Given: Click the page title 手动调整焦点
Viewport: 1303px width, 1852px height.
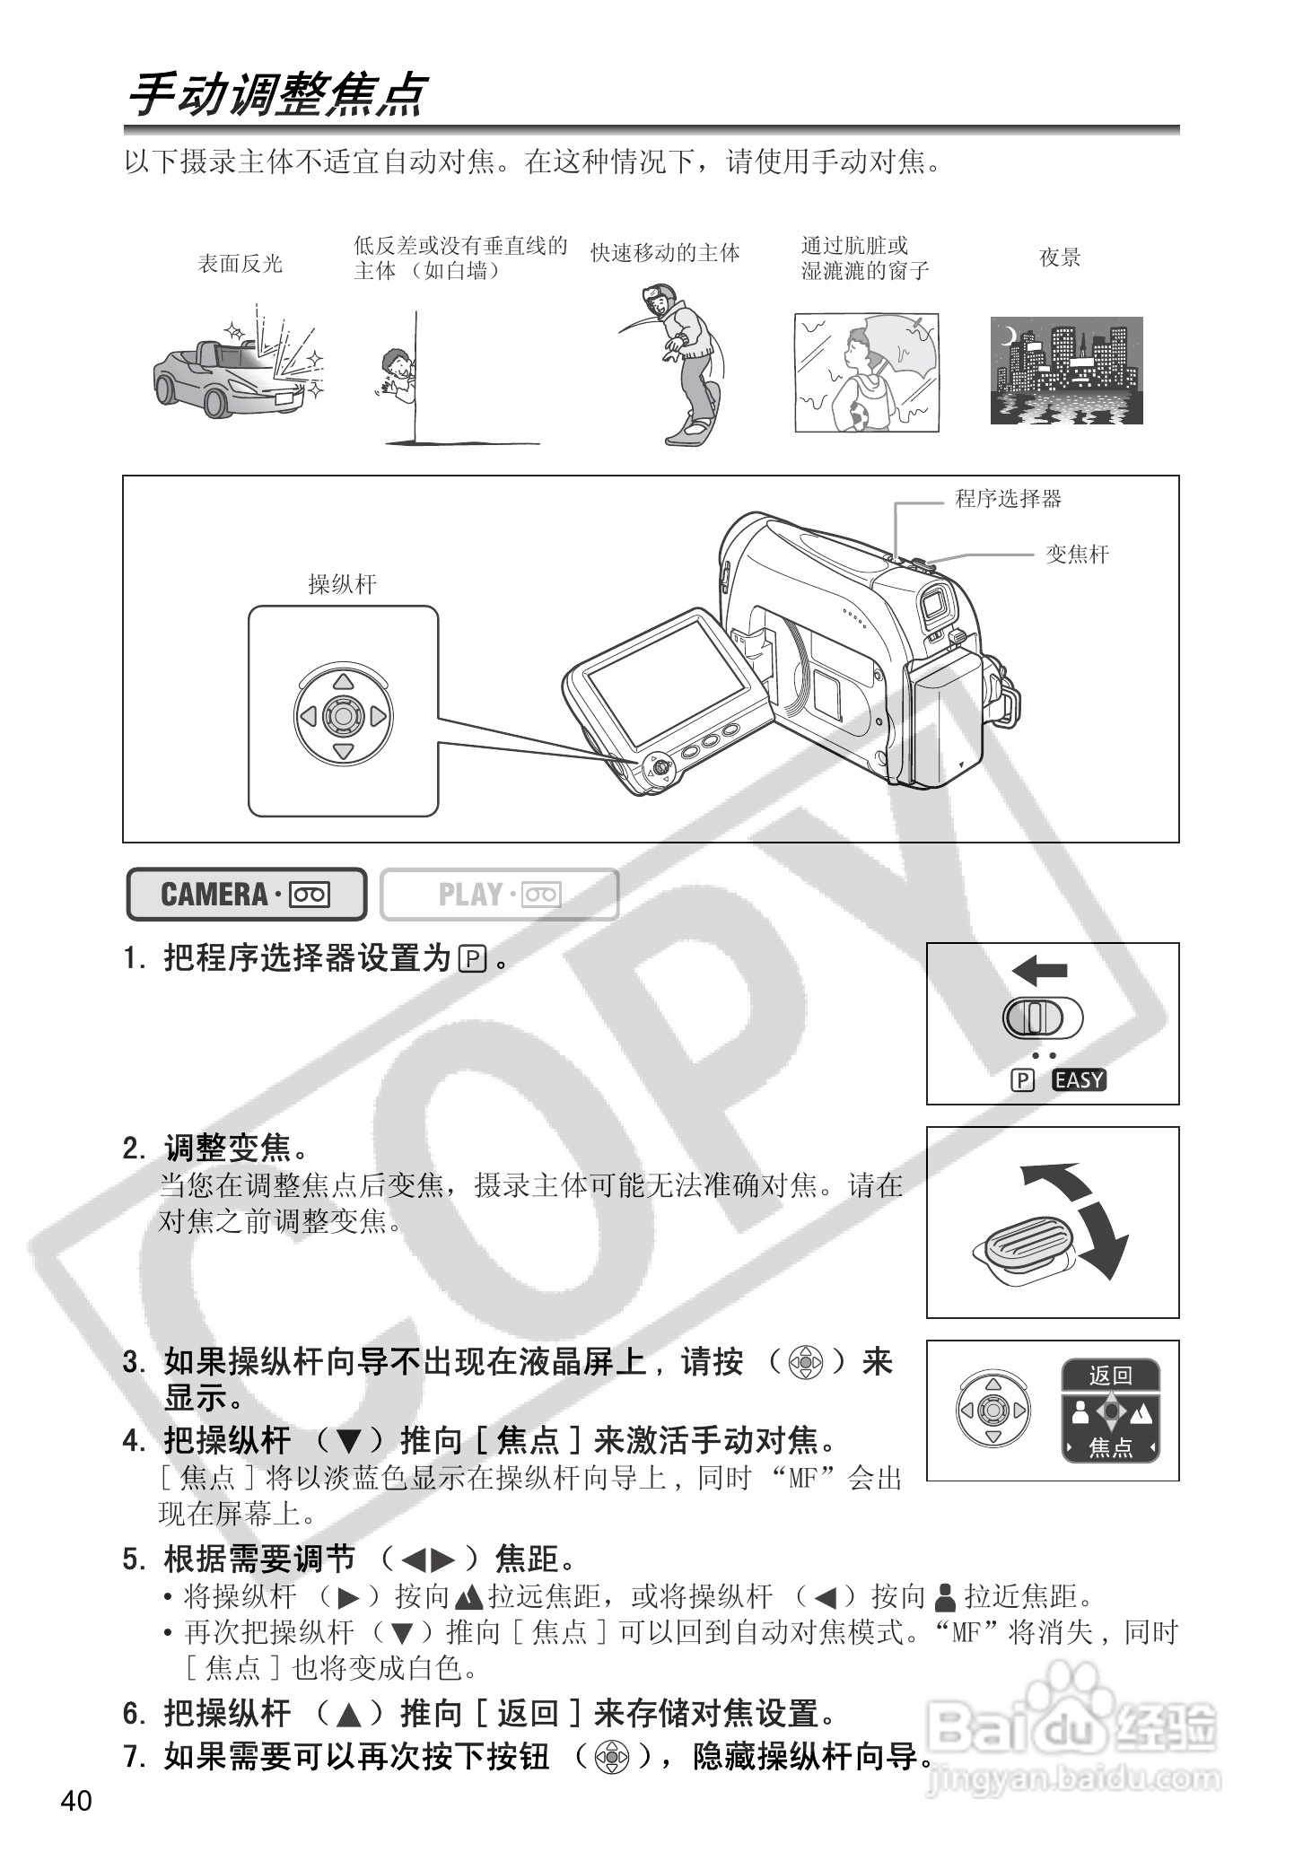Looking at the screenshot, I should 275,95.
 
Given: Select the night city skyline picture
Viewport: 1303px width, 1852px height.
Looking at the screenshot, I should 1066,370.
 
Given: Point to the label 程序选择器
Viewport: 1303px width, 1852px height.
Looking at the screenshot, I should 1008,499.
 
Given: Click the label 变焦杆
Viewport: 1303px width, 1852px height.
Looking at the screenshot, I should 1077,555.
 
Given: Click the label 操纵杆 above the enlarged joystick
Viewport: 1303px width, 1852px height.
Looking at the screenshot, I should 342,585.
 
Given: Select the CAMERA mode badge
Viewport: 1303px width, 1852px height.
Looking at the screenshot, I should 246,895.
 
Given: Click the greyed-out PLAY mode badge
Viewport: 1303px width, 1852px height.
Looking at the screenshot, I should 499,895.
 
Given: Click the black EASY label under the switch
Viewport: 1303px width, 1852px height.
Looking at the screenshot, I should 1080,1080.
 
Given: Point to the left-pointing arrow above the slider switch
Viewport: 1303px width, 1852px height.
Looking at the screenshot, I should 1039,970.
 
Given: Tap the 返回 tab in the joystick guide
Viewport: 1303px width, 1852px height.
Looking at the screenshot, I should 1111,1375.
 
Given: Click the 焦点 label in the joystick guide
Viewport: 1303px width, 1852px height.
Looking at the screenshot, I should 1111,1447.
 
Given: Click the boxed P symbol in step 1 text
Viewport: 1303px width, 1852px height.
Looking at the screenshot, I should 472,959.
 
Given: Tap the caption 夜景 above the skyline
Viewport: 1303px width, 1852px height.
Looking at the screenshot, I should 1060,258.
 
